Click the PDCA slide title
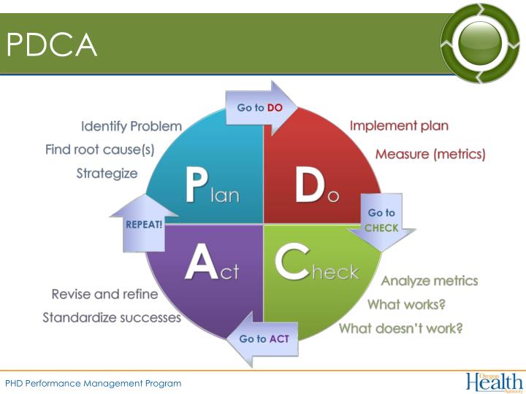(x=52, y=46)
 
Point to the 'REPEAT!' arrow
(x=144, y=224)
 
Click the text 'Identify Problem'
(x=131, y=126)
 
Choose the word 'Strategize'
(x=107, y=174)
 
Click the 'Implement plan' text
(x=399, y=125)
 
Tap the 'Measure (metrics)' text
(x=430, y=154)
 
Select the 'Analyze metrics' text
(x=430, y=281)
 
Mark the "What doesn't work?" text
(x=400, y=328)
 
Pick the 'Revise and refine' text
(x=104, y=294)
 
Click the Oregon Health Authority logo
(x=494, y=382)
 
